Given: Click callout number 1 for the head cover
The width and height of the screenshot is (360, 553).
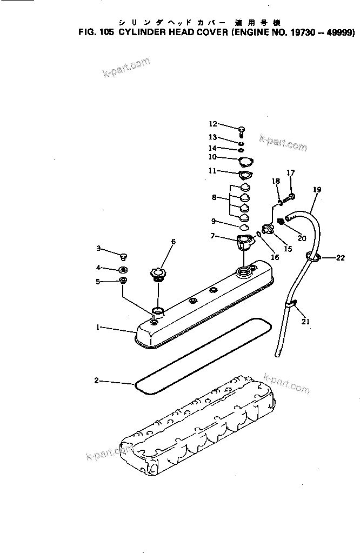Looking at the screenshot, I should [98, 327].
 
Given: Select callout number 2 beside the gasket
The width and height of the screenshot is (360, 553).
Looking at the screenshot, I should [96, 381].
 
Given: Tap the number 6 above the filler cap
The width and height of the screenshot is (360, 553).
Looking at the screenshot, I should [174, 242].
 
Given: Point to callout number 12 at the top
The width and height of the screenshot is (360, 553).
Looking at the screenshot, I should [212, 124].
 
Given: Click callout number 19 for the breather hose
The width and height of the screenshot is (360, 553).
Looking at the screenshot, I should [317, 189].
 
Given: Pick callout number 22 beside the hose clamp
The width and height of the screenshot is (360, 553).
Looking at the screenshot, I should [340, 258].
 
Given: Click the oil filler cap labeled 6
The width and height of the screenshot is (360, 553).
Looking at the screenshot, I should [157, 272].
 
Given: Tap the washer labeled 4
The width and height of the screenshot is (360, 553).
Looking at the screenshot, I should [123, 269].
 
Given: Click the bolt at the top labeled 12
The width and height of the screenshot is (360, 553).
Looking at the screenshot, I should [241, 129].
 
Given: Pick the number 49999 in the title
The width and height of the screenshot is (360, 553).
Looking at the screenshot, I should [339, 33].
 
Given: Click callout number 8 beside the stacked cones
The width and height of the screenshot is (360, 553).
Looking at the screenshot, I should [215, 198].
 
